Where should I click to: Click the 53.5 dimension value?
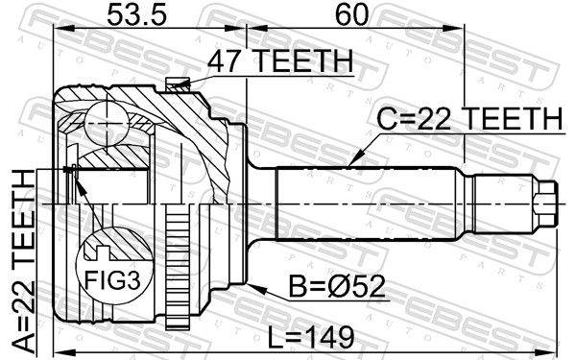[136, 15]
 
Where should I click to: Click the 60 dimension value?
[351, 15]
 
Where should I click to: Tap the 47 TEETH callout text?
[280, 61]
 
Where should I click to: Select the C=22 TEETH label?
[471, 119]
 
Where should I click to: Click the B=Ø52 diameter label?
[337, 287]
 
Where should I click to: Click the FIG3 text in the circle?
[112, 281]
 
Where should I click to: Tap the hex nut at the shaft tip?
[546, 203]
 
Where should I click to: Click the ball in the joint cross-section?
[107, 123]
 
